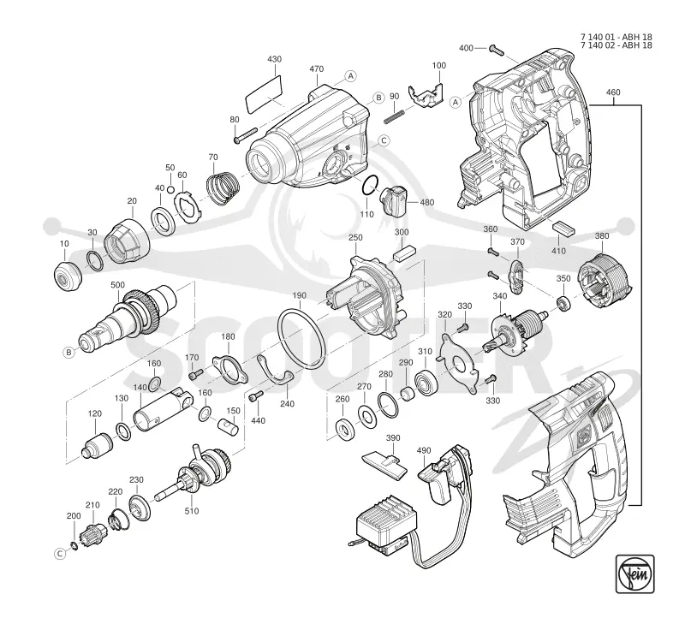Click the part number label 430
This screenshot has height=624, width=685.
(x=274, y=59)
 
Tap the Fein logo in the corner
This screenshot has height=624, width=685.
(x=634, y=573)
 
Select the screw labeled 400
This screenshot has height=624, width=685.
(x=497, y=51)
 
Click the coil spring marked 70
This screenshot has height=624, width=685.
(x=223, y=187)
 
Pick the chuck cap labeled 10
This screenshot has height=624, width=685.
(x=68, y=276)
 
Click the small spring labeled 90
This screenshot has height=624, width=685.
(x=395, y=115)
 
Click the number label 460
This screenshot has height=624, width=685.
(x=613, y=92)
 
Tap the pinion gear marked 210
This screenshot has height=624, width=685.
(x=95, y=531)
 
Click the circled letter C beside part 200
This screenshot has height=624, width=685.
(x=60, y=554)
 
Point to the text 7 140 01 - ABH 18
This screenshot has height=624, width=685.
(x=616, y=37)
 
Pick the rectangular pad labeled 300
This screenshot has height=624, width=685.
(x=404, y=253)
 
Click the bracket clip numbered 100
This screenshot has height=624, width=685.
(x=424, y=96)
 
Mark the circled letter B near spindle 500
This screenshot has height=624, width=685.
(x=69, y=352)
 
